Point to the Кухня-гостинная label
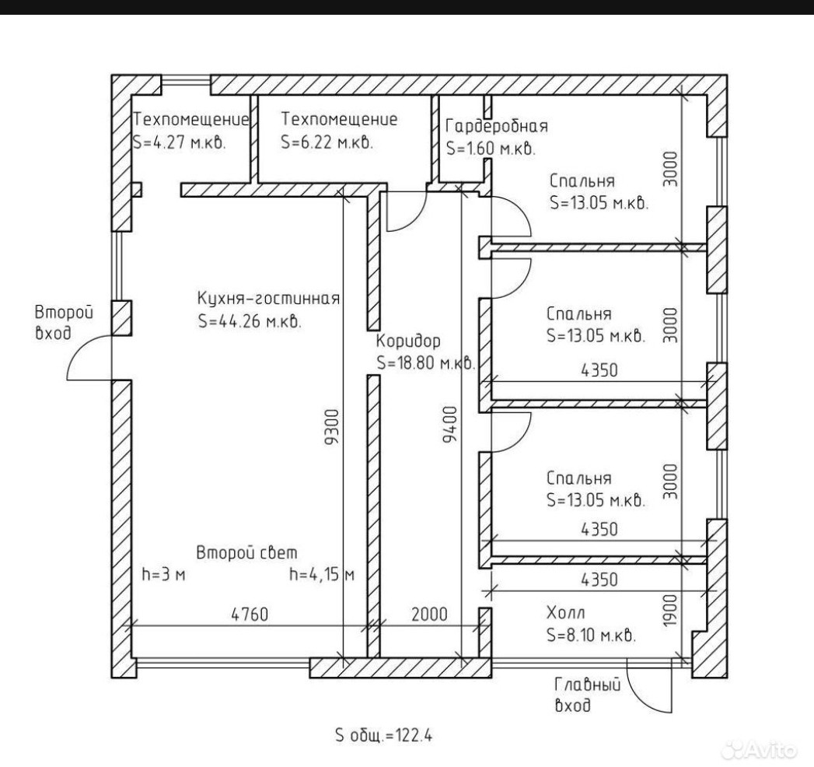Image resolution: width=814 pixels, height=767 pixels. point(268,299)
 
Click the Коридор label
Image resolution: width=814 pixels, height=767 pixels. point(408,341)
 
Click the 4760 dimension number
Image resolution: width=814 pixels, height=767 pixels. point(249,614)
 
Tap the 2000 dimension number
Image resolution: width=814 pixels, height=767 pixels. point(428,614)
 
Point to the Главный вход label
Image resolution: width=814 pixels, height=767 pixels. point(587,695)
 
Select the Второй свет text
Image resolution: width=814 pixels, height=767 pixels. point(246,553)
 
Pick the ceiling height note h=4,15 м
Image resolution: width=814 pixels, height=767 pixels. point(321,575)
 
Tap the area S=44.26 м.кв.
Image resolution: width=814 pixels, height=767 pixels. point(250,321)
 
